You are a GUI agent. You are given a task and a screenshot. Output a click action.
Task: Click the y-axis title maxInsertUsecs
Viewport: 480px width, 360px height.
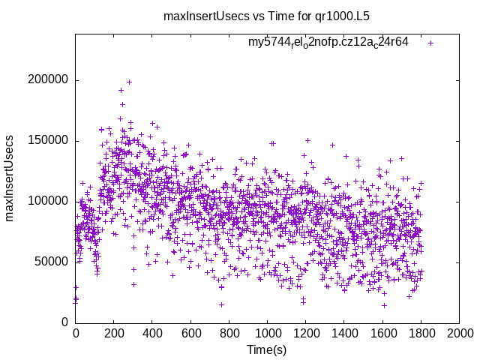click(10, 178)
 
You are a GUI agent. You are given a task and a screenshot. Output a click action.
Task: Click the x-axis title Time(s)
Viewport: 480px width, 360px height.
click(267, 349)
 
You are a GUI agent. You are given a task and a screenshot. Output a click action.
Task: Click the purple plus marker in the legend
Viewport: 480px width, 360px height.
click(430, 43)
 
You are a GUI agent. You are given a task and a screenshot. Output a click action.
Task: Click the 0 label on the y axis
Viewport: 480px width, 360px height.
click(65, 322)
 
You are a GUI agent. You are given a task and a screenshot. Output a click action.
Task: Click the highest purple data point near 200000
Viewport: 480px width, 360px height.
click(129, 82)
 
